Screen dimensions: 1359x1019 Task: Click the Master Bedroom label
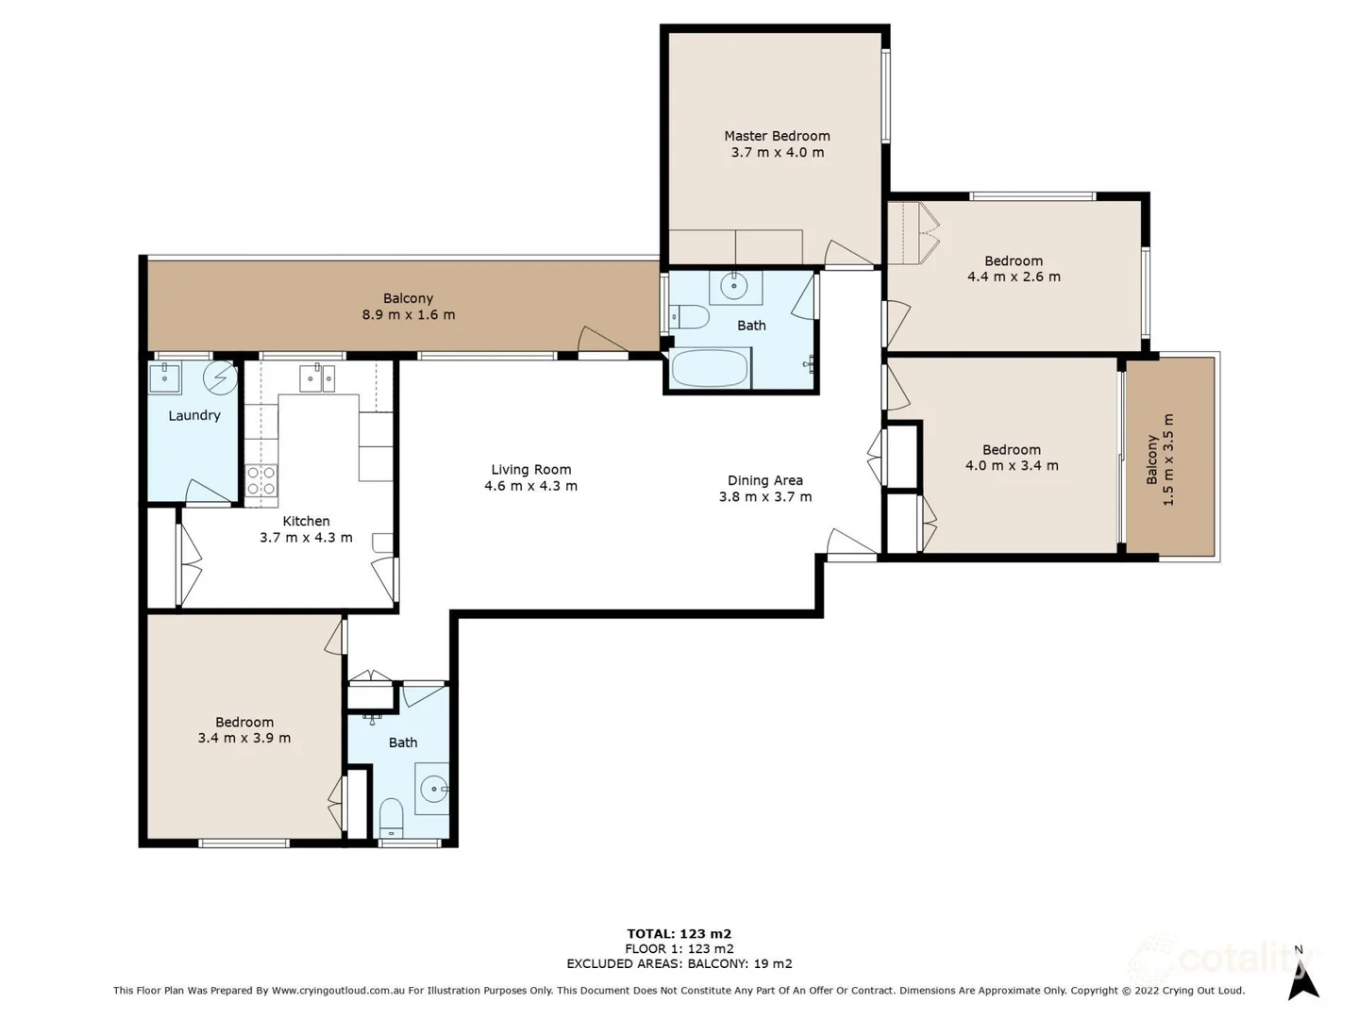[777, 136]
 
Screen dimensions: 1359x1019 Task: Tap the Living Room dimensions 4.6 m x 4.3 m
[530, 486]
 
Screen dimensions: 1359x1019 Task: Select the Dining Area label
[764, 480]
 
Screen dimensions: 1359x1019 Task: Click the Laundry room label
[194, 415]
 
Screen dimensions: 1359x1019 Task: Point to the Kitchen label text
[306, 521]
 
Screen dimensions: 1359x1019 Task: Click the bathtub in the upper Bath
[710, 369]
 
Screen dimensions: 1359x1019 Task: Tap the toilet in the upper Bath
[689, 317]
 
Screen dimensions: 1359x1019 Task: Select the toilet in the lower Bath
[391, 818]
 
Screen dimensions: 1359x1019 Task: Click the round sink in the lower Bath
[433, 789]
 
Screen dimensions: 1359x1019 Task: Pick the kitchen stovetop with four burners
[260, 481]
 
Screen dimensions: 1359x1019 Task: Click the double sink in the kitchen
[317, 378]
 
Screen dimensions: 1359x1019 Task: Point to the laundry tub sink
[165, 378]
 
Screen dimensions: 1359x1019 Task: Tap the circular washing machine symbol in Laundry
[221, 377]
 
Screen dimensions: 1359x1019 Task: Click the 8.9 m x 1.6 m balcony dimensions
[409, 315]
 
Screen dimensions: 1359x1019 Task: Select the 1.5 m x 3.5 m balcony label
[1160, 459]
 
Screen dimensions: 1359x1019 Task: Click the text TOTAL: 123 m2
[679, 934]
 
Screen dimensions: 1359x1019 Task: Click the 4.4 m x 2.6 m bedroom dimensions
[1014, 277]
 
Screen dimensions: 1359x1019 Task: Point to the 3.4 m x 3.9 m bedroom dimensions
[243, 738]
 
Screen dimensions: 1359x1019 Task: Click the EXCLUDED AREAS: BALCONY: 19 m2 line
[679, 963]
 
